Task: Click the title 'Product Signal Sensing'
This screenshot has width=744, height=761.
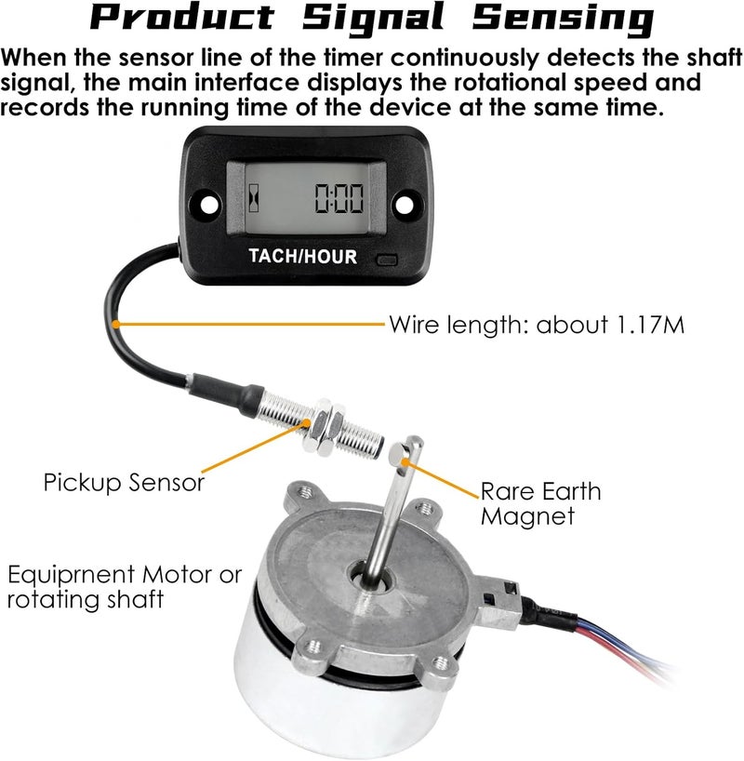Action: pos(372,19)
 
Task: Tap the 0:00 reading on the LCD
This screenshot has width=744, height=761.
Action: pos(339,197)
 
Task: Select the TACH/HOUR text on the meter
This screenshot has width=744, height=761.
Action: pos(302,256)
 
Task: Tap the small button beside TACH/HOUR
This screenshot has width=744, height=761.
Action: pos(386,260)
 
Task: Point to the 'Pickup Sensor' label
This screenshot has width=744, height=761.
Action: pos(123,483)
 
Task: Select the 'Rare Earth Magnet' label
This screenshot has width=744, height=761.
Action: pos(540,502)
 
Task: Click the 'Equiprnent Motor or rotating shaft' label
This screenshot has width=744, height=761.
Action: pos(124,586)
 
